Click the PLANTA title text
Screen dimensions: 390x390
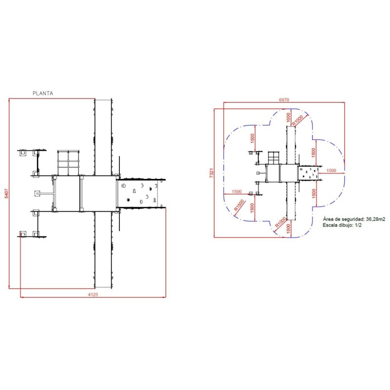(x=43, y=93)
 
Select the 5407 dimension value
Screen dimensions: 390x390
(x=6, y=193)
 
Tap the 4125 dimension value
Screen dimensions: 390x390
(x=93, y=294)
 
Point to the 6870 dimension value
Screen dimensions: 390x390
(x=284, y=100)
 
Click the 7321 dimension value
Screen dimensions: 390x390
(x=212, y=173)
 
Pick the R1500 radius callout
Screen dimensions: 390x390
(x=239, y=205)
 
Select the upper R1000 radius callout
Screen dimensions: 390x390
(x=297, y=120)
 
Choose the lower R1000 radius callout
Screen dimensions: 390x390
(x=281, y=222)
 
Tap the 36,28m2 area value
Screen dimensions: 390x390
(x=375, y=219)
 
